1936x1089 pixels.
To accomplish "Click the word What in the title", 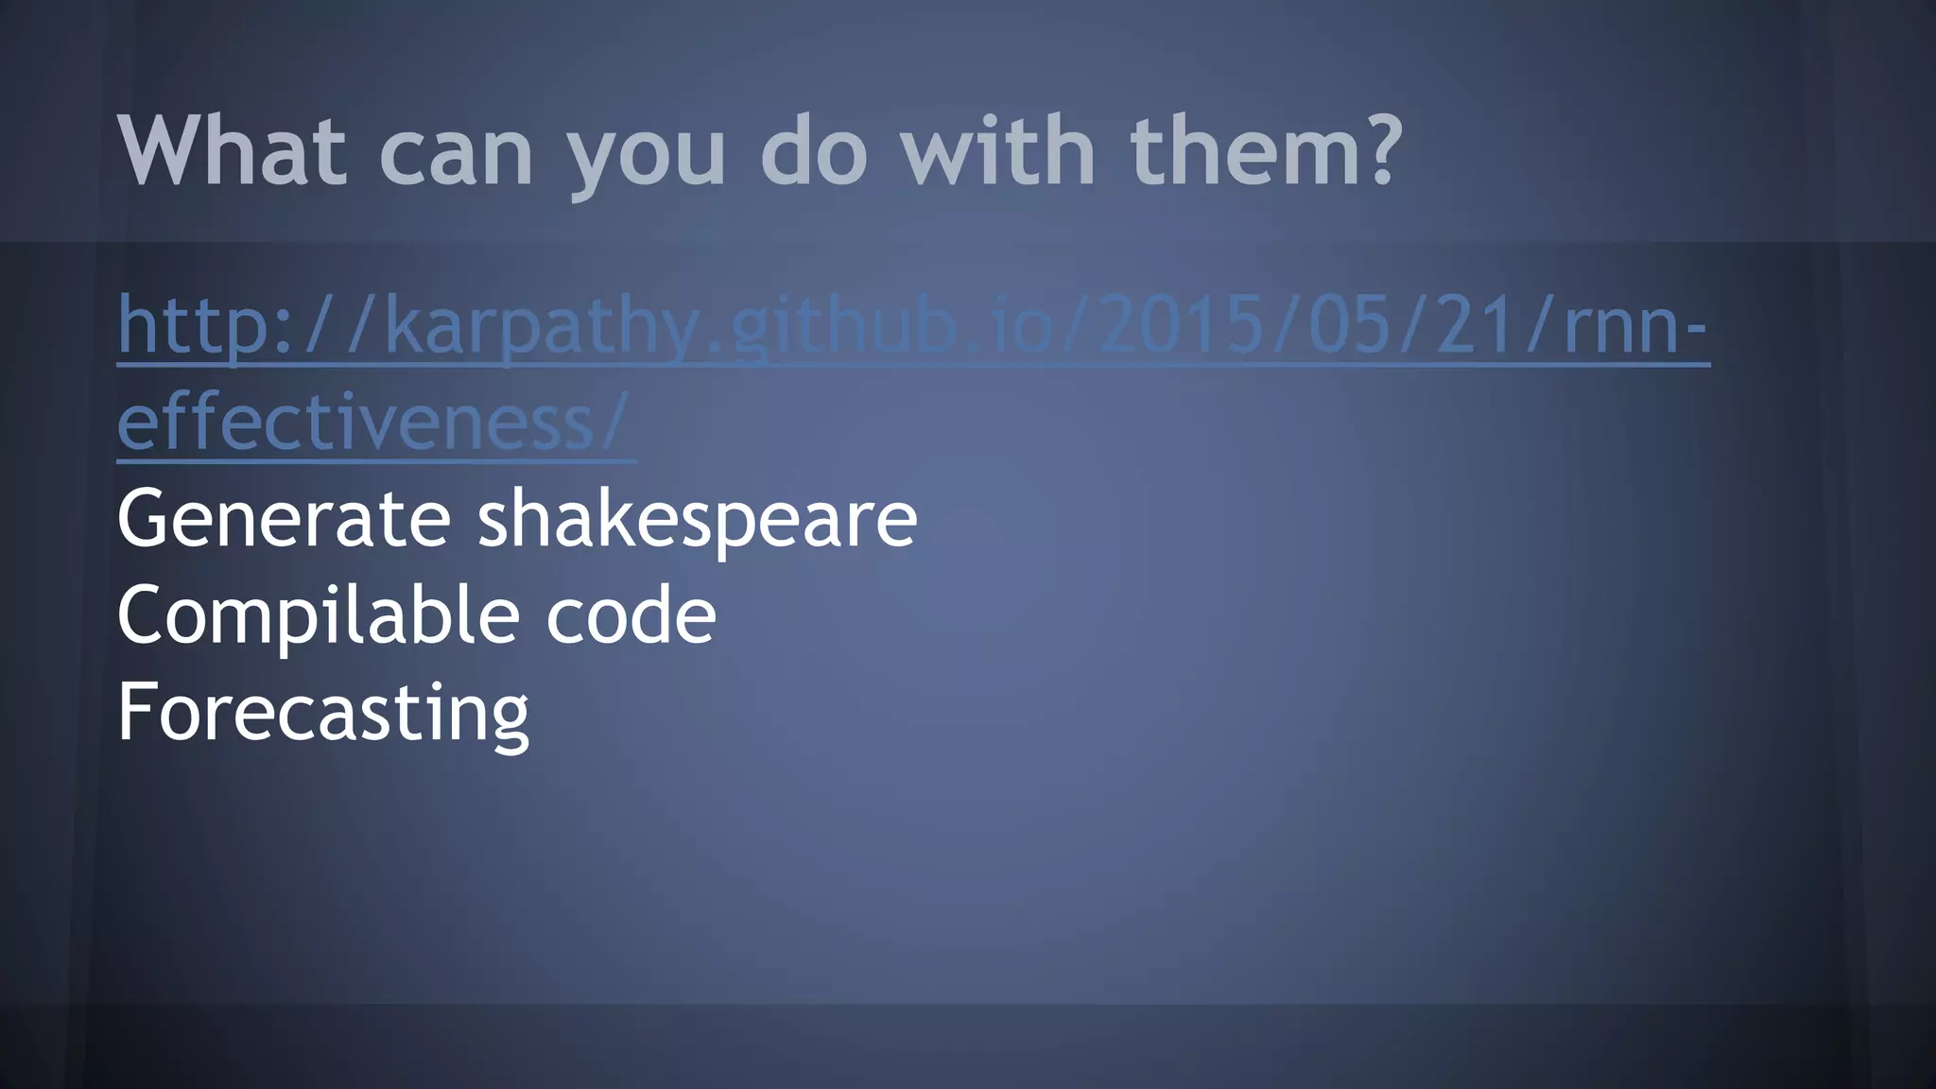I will tap(231, 151).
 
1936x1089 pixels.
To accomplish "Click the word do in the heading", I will tap(814, 151).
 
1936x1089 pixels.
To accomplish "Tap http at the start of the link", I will tap(194, 326).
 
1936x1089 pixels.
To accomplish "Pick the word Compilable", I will tap(318, 616).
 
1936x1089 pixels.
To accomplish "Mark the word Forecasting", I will tap(322, 714).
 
